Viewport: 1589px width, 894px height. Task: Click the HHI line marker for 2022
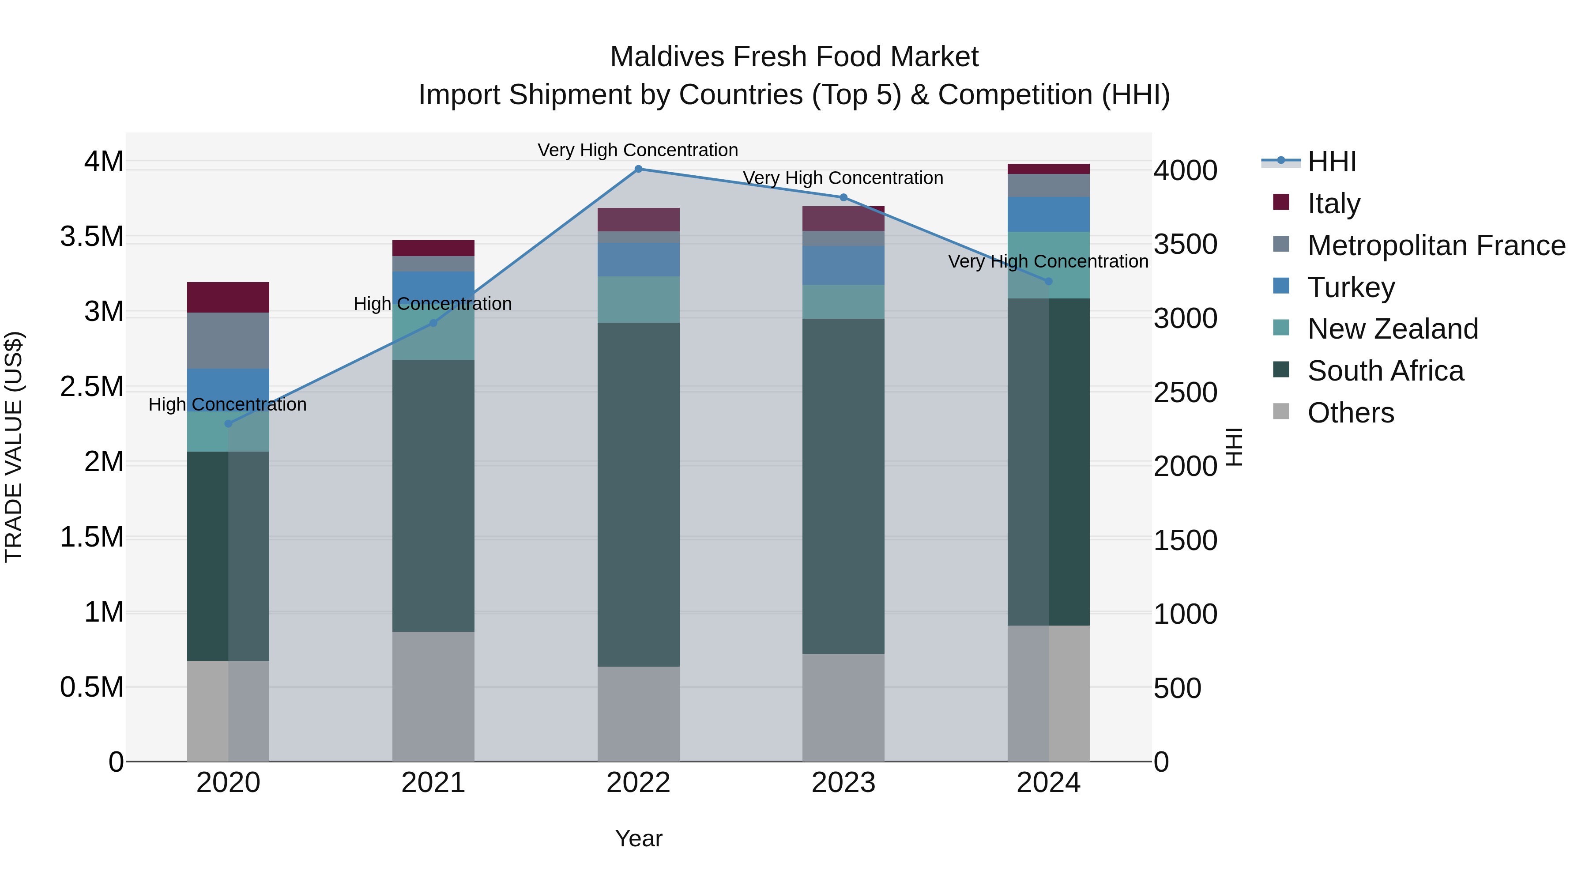point(638,169)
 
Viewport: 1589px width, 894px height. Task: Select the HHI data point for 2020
point(228,424)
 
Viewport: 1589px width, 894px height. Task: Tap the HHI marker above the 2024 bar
point(1049,281)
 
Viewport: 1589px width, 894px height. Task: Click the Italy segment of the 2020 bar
point(228,298)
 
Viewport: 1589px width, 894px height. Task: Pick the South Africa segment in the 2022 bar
point(638,494)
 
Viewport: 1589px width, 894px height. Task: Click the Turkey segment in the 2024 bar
point(1049,215)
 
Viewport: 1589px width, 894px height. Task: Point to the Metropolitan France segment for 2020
point(228,340)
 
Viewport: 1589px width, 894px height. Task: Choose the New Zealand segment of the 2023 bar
point(843,302)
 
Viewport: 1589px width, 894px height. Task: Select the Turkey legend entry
point(1351,287)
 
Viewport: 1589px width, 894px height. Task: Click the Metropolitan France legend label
point(1436,245)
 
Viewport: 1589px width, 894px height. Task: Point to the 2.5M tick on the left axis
point(92,387)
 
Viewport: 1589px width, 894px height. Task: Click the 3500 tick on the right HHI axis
point(1185,244)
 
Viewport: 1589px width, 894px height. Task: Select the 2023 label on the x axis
point(843,783)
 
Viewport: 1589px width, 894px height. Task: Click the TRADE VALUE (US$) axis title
point(14,447)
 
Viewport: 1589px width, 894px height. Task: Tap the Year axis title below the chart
point(638,838)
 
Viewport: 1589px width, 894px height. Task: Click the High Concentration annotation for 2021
point(433,304)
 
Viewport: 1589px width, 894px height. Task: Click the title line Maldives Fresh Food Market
point(794,57)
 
